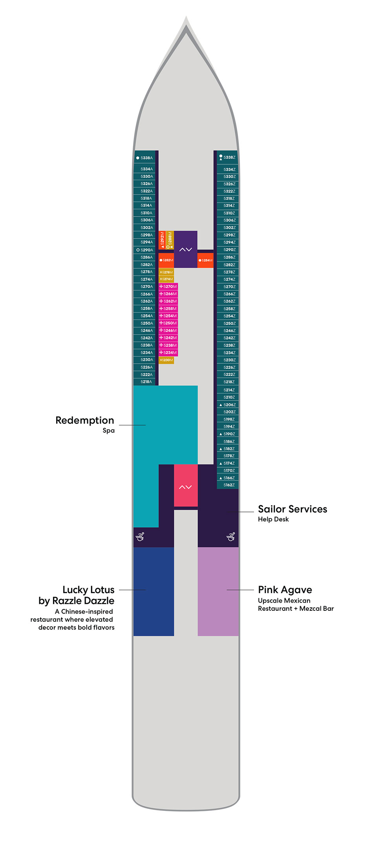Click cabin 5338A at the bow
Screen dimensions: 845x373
tap(145, 158)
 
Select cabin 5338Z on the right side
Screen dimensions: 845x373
tap(228, 157)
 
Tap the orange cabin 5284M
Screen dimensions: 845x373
tap(205, 260)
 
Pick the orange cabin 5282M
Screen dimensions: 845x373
tap(166, 260)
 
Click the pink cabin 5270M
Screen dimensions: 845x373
tap(168, 286)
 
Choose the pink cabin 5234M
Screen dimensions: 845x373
tap(168, 352)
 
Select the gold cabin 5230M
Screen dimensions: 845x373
tap(166, 360)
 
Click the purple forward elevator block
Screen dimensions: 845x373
tap(185, 249)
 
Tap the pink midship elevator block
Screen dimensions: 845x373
tap(185, 486)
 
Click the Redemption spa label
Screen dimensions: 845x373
tap(85, 421)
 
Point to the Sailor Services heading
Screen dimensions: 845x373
tap(293, 509)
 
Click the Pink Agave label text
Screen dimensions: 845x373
tap(285, 590)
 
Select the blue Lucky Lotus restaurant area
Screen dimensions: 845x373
tap(154, 591)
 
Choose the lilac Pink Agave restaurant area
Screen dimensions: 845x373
tap(218, 591)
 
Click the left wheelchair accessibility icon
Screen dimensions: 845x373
tap(140, 537)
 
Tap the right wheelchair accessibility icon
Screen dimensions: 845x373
tap(231, 537)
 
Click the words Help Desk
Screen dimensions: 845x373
tap(273, 519)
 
